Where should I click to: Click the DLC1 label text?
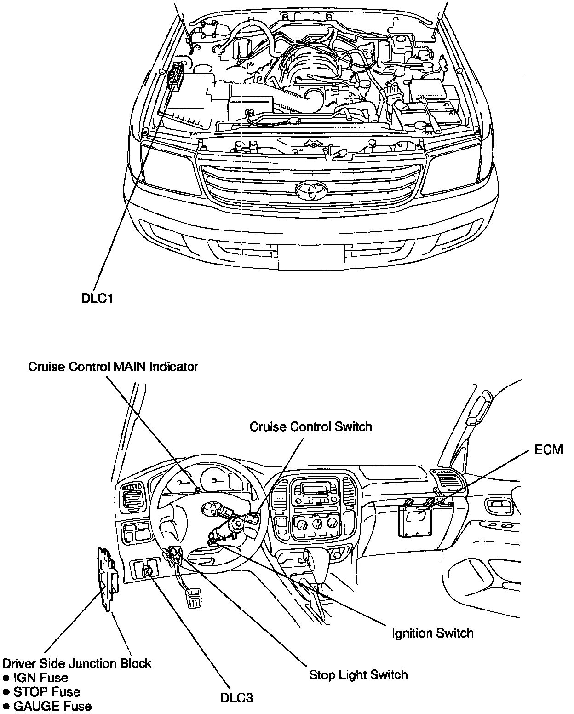[97, 299]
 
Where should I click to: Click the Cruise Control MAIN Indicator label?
[113, 367]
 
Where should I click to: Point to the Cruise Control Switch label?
[311, 426]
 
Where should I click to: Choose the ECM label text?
[549, 449]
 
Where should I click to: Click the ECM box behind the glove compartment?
[415, 519]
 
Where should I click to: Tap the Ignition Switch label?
[432, 633]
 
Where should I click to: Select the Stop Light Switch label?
[358, 674]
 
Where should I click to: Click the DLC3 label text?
[236, 697]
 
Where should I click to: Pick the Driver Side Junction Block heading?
[77, 663]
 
